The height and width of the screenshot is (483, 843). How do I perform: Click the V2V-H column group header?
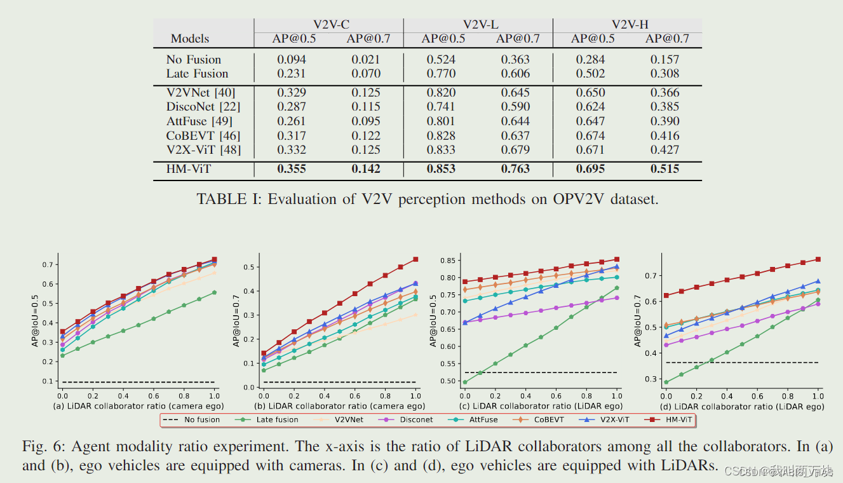point(630,25)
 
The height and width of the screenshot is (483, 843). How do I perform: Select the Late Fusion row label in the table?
point(197,74)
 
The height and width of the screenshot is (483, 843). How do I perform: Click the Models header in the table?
point(190,39)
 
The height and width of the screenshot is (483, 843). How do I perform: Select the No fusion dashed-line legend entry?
point(191,419)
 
